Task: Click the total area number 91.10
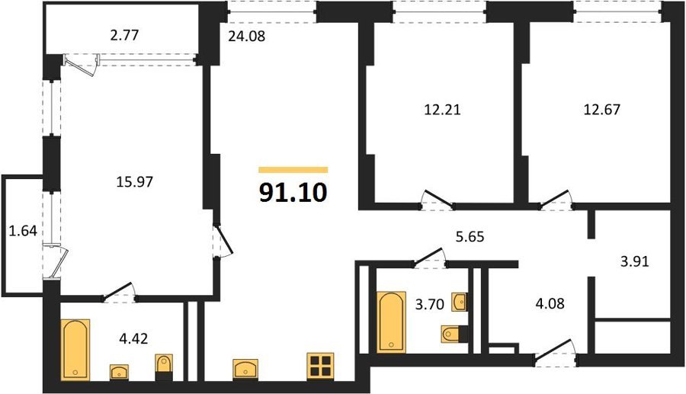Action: tap(293, 192)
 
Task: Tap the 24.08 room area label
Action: tap(247, 36)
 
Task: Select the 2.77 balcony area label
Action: tap(124, 35)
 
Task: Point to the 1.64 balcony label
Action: tap(23, 230)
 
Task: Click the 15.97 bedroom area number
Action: tap(135, 181)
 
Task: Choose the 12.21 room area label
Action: tap(442, 109)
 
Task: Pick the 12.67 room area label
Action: tap(602, 109)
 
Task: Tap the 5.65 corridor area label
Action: tap(470, 236)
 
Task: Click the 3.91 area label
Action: tap(635, 261)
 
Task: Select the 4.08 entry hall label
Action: tap(550, 303)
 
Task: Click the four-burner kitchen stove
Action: tap(320, 366)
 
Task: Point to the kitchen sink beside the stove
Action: tap(245, 370)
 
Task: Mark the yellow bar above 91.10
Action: tap(293, 170)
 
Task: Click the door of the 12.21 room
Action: tap(437, 199)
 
